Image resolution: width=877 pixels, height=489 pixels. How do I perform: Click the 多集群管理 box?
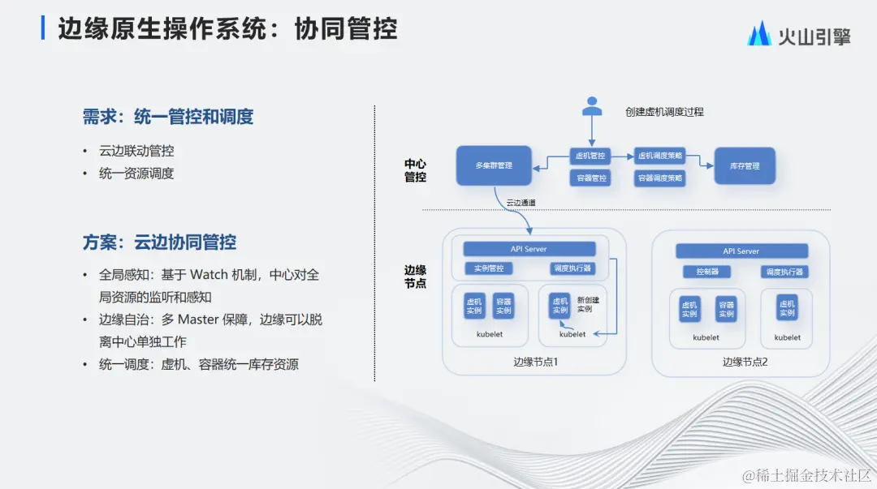(x=494, y=165)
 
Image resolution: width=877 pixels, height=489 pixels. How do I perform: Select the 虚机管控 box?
(x=590, y=155)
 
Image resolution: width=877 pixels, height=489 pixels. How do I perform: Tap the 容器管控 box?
(x=590, y=178)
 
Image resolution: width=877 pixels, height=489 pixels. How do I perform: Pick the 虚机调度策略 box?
(x=659, y=155)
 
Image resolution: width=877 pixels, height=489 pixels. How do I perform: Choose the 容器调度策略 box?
(x=659, y=178)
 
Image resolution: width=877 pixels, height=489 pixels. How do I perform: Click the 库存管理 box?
(x=744, y=165)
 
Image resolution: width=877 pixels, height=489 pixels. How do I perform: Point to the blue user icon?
(x=592, y=107)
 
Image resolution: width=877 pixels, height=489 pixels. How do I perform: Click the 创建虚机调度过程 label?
(x=664, y=112)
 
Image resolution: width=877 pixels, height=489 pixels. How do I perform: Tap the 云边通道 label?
(x=521, y=202)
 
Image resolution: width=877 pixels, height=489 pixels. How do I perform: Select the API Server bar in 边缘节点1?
(x=529, y=249)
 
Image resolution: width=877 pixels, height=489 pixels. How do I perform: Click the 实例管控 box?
(x=489, y=268)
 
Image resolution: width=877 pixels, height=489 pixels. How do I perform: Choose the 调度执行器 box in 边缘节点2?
(x=784, y=272)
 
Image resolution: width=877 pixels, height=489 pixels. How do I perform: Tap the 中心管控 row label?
(x=416, y=170)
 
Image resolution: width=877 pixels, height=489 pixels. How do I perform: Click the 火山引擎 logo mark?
(x=759, y=34)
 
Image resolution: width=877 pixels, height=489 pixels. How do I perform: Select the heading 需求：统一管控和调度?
(x=168, y=117)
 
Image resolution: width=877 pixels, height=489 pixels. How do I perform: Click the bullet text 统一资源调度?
(x=136, y=174)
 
